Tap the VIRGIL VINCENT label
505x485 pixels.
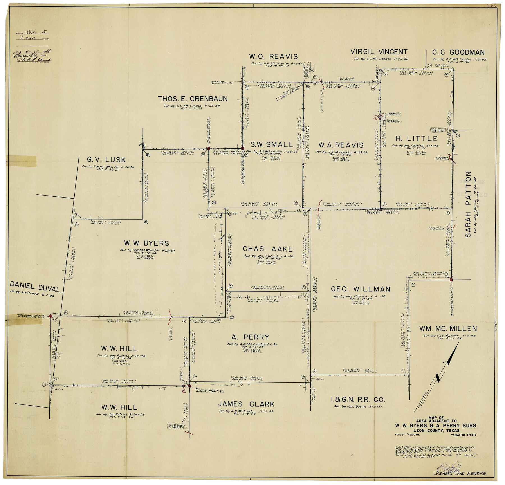click(x=379, y=52)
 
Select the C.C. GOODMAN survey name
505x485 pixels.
click(x=458, y=52)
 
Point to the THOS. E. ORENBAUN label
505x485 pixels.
click(x=192, y=99)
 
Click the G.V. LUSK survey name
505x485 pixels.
click(x=106, y=160)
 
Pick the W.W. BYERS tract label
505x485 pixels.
click(x=146, y=243)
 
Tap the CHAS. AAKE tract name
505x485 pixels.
click(x=267, y=249)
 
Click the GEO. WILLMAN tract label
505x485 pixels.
click(x=360, y=289)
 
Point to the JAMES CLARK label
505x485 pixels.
click(x=246, y=404)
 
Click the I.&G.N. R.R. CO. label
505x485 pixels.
click(x=358, y=400)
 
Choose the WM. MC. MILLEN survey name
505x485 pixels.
click(x=448, y=328)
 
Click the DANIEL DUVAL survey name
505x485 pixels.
click(x=35, y=287)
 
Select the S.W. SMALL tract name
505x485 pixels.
click(x=271, y=145)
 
